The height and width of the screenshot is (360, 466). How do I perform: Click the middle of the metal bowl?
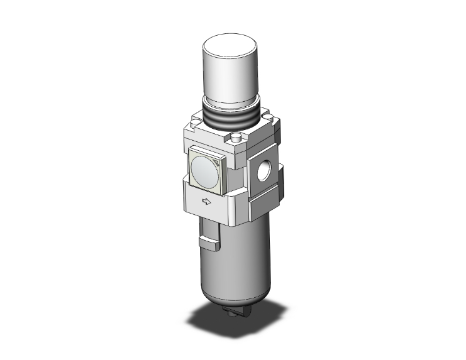(236, 264)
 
